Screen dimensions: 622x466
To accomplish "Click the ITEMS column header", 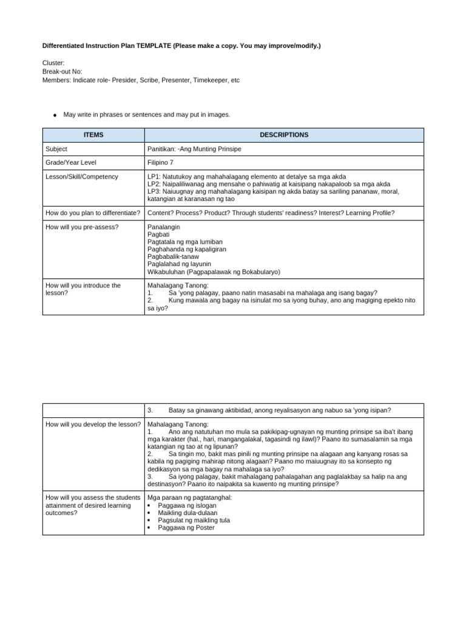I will click(93, 135).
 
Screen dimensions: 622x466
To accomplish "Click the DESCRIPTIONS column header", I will click(284, 135).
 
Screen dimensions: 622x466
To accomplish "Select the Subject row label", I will click(56, 149).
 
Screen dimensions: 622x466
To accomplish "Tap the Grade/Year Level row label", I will click(71, 163).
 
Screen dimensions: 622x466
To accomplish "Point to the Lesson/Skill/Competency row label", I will click(82, 177).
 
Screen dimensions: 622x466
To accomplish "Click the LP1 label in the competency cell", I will click(154, 177).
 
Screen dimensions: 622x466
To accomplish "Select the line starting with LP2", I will click(269, 184).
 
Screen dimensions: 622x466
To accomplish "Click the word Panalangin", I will click(164, 227).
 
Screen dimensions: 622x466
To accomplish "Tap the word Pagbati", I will click(159, 234).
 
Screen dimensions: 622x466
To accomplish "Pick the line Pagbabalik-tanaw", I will click(173, 256).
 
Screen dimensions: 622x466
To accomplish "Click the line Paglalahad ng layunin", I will click(179, 264).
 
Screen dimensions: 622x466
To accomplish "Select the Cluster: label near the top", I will click(53, 63).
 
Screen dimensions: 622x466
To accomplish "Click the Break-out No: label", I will click(62, 71).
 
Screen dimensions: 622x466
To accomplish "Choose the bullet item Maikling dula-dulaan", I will click(187, 513).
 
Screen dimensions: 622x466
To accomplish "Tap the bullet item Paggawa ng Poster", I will click(186, 527).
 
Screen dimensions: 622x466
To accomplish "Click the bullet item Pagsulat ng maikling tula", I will click(194, 520).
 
